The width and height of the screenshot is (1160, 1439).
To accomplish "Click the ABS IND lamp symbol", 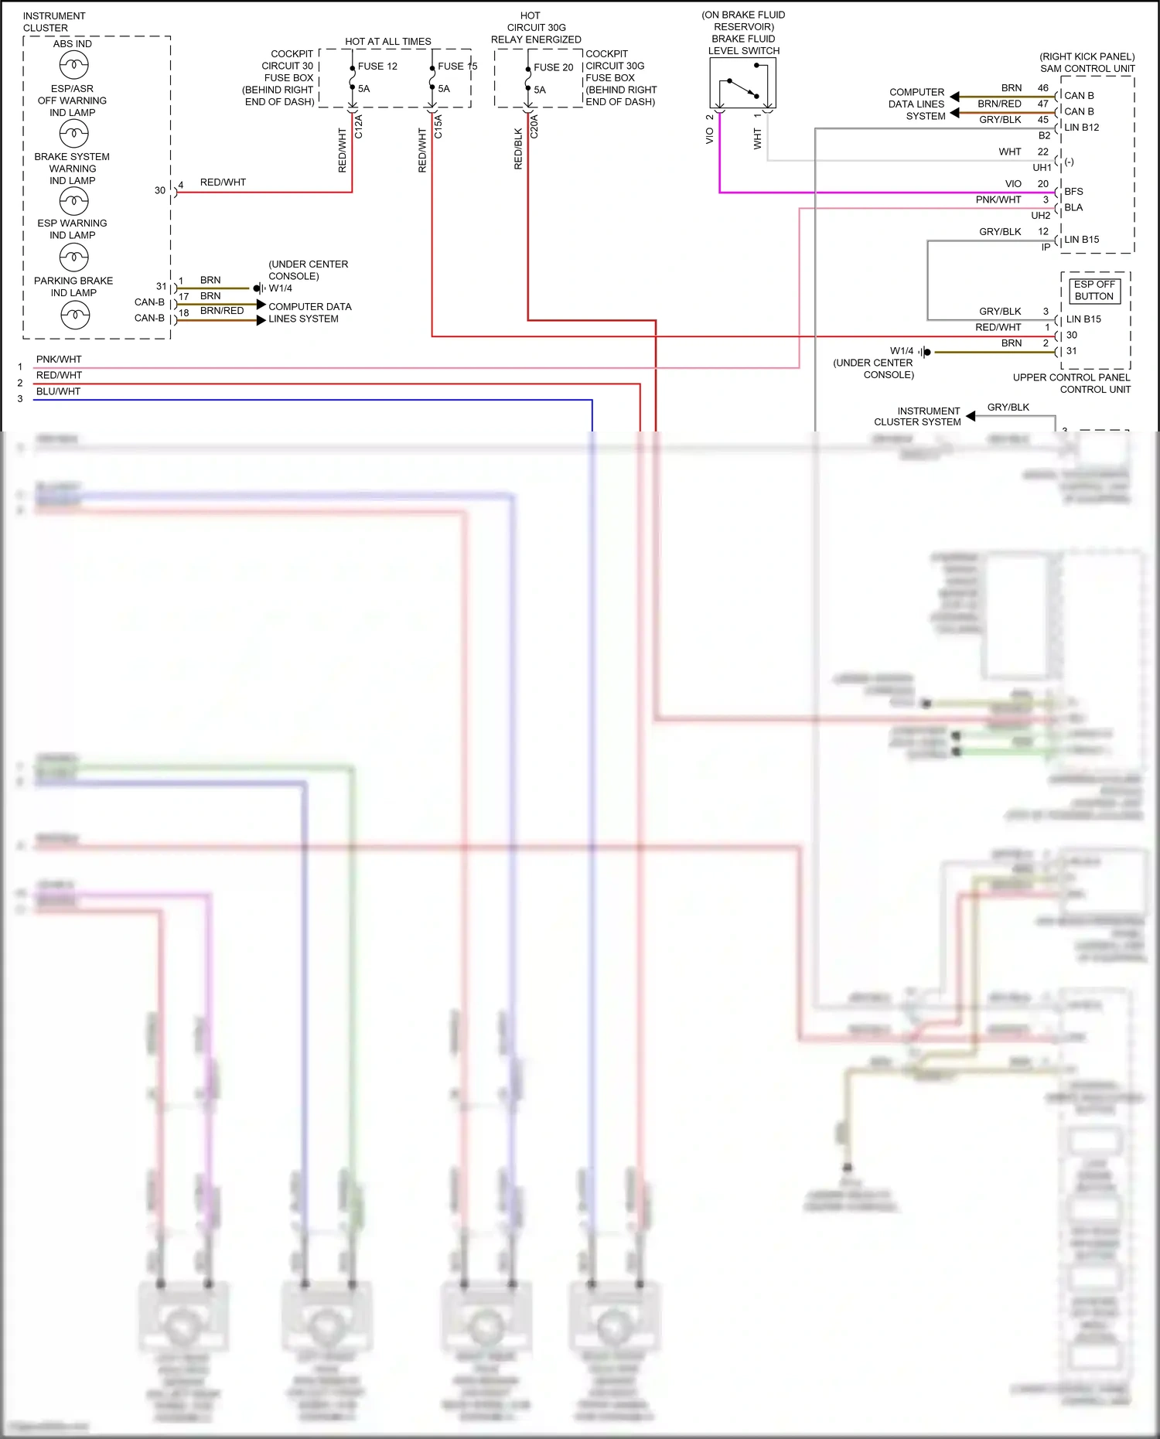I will point(74,65).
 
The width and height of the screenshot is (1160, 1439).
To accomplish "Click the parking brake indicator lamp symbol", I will point(75,315).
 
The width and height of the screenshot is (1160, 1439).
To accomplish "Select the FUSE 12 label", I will point(377,66).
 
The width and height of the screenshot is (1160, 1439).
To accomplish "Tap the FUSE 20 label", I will point(553,68).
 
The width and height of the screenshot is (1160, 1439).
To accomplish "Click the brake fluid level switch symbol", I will point(742,84).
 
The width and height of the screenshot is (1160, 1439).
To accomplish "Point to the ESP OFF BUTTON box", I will point(1093,290).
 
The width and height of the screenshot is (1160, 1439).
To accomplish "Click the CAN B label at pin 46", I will point(1079,96).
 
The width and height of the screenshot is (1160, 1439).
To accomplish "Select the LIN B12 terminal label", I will point(1081,128).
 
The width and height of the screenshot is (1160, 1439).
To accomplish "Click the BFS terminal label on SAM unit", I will point(1073,192).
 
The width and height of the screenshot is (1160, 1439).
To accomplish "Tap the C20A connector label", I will point(534,126).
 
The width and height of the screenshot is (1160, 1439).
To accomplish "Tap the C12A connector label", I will point(359,126).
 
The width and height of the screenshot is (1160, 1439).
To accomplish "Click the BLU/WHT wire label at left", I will point(58,392).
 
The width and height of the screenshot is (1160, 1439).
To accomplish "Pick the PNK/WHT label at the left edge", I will point(59,360).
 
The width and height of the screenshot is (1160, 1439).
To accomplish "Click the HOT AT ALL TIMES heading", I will point(388,42).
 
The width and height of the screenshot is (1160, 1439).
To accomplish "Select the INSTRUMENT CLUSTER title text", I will point(54,22).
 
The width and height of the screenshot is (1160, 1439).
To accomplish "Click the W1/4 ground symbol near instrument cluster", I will point(259,288).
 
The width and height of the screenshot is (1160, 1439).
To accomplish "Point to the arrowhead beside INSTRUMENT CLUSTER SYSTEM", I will point(971,416).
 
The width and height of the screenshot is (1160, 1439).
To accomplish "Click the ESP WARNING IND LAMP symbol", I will point(74,257).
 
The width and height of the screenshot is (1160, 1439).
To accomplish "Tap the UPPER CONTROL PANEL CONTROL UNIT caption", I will point(1072,384).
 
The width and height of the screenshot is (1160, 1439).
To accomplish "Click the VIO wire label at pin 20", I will point(1013,184).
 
